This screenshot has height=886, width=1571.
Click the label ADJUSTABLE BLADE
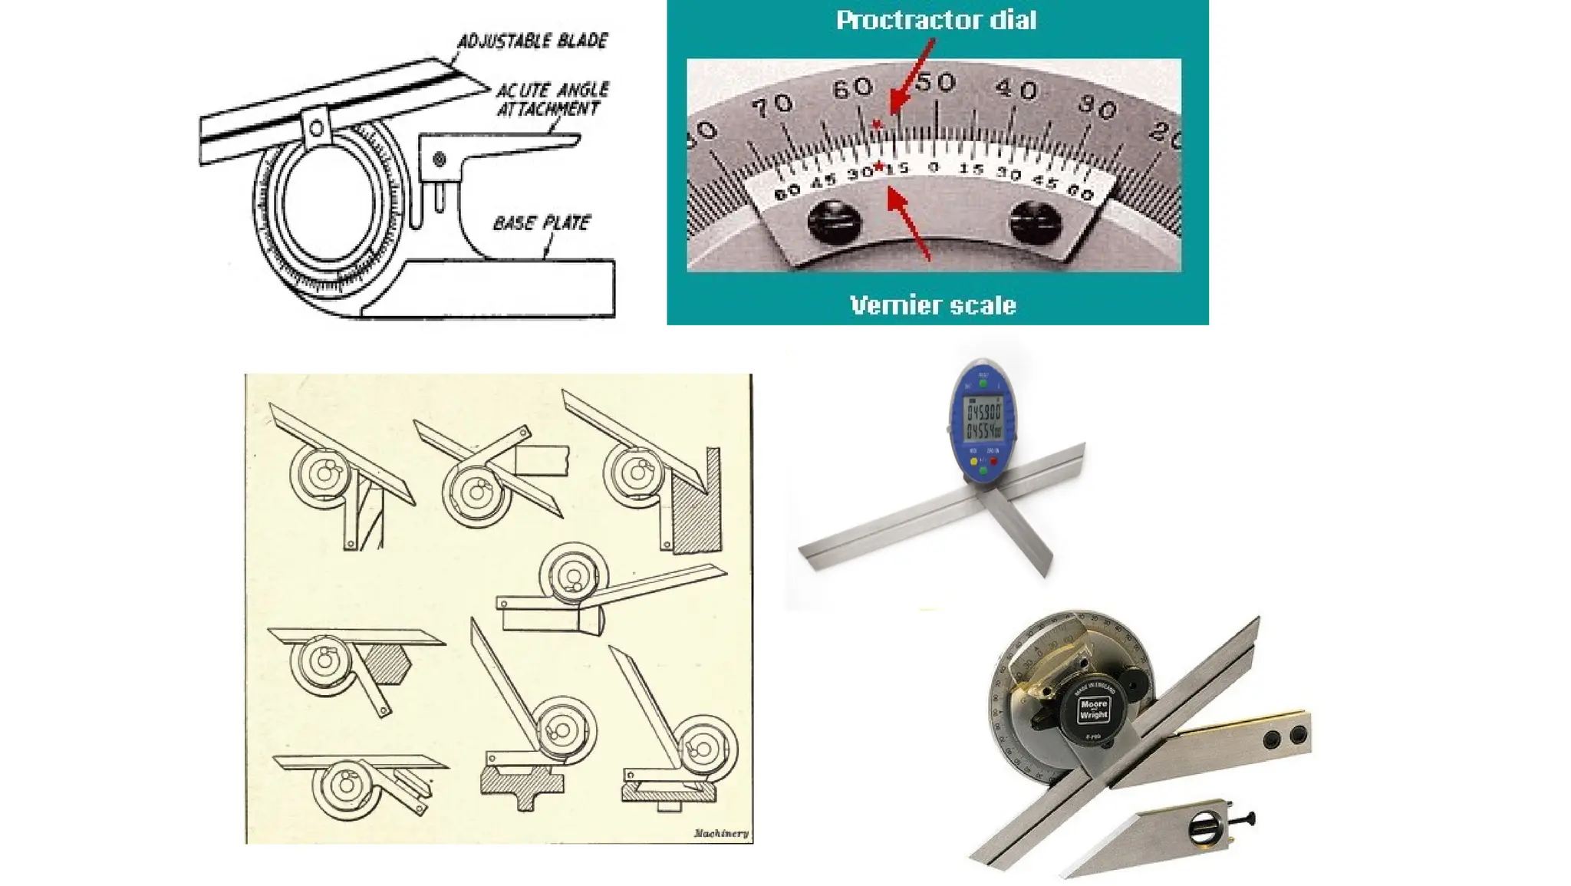(x=532, y=41)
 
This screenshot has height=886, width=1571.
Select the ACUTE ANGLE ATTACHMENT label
(x=552, y=99)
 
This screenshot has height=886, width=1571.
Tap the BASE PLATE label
(x=542, y=223)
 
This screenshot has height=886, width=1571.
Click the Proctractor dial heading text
(x=936, y=20)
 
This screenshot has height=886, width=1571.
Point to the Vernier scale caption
(x=933, y=305)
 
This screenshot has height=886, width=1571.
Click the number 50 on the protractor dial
(x=936, y=83)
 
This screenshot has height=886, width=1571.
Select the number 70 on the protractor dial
(x=772, y=105)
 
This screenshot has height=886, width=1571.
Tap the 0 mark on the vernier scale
(x=933, y=166)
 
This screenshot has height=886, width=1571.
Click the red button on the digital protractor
(x=994, y=463)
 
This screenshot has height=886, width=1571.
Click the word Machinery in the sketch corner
(x=720, y=833)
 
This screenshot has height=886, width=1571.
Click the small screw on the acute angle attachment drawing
(x=439, y=160)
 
